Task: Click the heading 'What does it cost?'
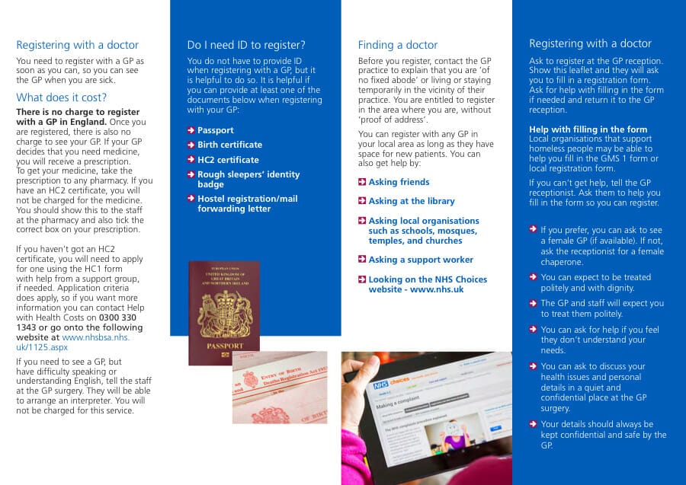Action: click(61, 97)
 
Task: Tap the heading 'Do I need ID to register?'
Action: click(246, 45)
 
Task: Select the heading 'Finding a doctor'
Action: click(398, 45)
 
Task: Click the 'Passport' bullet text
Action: click(216, 130)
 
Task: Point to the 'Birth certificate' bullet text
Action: click(229, 145)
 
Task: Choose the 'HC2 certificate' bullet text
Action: click(228, 160)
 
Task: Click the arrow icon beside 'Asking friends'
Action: click(362, 182)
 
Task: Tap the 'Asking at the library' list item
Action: click(412, 201)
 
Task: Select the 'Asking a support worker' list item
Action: click(421, 260)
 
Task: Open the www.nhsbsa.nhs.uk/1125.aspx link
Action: click(95, 337)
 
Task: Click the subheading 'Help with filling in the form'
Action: click(588, 129)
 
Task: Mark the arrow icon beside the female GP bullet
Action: click(534, 230)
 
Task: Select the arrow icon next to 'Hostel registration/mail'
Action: click(191, 199)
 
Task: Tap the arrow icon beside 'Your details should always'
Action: click(534, 424)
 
